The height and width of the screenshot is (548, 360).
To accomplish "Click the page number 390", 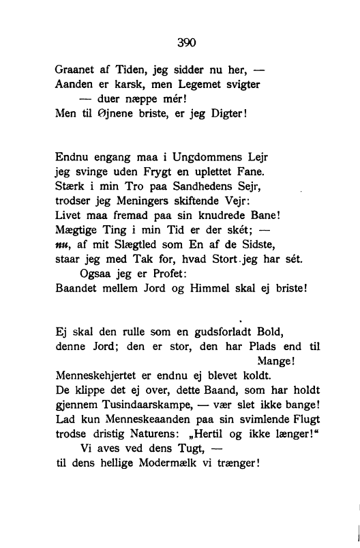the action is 186,42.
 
